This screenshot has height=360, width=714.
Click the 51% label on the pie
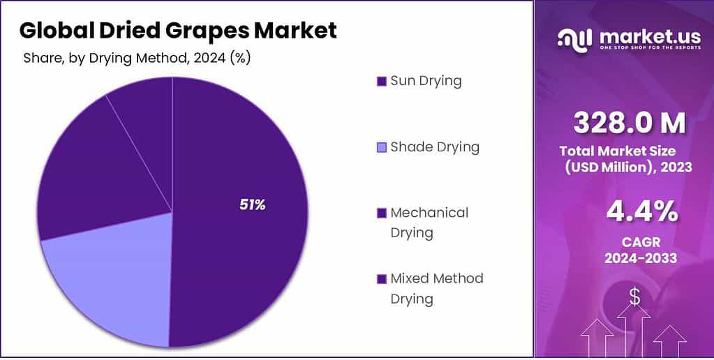[x=253, y=205]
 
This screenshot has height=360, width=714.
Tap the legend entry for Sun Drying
[x=426, y=81]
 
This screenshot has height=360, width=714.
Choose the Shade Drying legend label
[x=435, y=147]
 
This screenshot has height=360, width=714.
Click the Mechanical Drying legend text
[x=429, y=222]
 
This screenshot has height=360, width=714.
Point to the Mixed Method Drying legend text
[x=436, y=288]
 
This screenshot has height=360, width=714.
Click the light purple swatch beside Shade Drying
[x=381, y=148]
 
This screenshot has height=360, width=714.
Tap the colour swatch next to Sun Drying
[x=381, y=82]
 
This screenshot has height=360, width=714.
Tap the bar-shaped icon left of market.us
[x=574, y=38]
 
